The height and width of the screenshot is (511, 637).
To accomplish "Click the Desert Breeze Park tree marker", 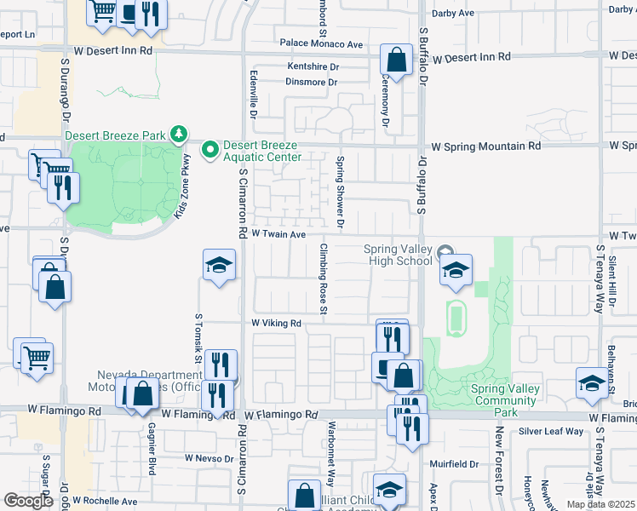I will [x=178, y=134].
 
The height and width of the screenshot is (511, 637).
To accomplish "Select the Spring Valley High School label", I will [x=398, y=255].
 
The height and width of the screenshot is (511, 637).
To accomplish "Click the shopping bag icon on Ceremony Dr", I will [x=396, y=60].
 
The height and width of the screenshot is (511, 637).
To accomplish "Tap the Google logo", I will [x=29, y=501].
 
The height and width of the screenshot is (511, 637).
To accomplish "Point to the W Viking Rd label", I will [x=277, y=324].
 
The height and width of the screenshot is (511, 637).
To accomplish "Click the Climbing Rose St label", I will [x=324, y=278].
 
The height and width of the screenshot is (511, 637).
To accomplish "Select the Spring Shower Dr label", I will [x=340, y=192].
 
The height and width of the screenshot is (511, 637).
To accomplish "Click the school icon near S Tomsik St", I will [x=219, y=267].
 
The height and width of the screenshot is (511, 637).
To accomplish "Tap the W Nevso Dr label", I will [x=209, y=458].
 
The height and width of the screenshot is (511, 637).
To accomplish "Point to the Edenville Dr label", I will [x=253, y=94].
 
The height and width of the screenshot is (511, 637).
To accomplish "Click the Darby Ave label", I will [x=453, y=14].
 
